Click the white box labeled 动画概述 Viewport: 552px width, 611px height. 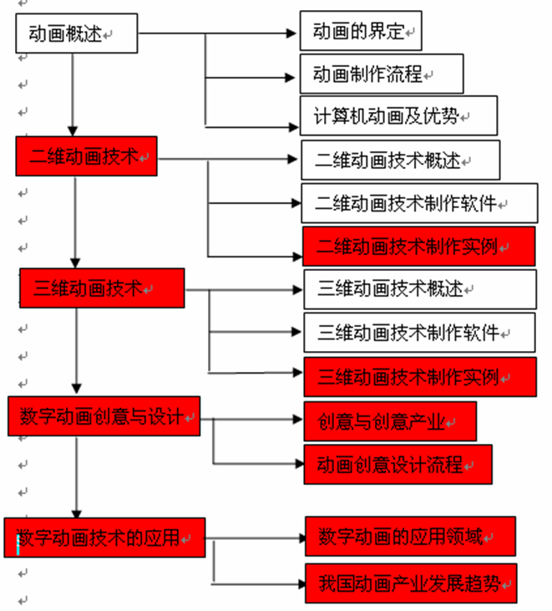(x=77, y=33)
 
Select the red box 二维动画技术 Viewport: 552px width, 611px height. (x=86, y=155)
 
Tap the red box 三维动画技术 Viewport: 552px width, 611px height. (x=102, y=288)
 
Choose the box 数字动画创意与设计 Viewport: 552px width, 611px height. (x=104, y=416)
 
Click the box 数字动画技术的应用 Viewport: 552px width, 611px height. (x=104, y=537)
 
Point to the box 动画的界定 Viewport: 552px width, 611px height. (x=361, y=31)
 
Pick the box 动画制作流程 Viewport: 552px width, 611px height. (x=382, y=74)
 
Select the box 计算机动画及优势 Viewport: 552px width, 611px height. (x=398, y=115)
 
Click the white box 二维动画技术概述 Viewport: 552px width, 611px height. (x=401, y=160)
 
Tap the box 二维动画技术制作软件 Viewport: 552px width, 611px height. (x=420, y=203)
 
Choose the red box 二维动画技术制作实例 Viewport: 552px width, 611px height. (x=419, y=247)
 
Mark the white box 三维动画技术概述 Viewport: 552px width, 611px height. (x=420, y=289)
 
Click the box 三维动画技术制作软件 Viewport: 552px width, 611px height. (x=420, y=333)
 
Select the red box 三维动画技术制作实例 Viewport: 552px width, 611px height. (x=420, y=377)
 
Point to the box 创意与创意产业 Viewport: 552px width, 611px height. (x=390, y=421)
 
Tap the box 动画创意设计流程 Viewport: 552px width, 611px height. (x=398, y=465)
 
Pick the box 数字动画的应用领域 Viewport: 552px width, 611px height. (x=410, y=536)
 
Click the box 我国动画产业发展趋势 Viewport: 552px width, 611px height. (x=411, y=583)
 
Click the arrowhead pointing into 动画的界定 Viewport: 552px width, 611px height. (x=291, y=33)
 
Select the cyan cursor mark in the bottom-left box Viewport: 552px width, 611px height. (x=18, y=545)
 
